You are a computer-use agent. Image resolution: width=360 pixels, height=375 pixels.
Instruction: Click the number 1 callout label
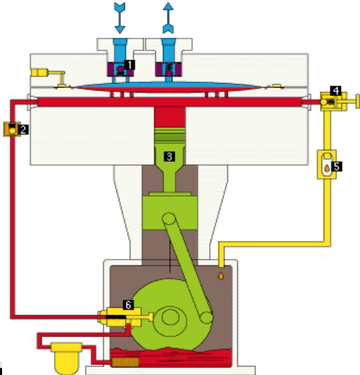coord(129,65)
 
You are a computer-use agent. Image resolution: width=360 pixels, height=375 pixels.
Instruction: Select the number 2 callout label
coord(23,130)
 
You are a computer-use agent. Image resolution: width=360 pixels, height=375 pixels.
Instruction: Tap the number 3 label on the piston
coord(170,157)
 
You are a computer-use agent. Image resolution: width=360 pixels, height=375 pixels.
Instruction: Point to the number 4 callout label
coord(336,91)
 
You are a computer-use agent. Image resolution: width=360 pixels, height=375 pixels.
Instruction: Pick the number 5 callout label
coord(337,166)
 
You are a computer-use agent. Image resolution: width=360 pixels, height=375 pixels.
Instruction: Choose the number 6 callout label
coord(128,305)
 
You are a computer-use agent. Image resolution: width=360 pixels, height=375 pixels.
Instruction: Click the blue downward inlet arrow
coord(120,18)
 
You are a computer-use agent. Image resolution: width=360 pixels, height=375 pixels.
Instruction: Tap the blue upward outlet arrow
coord(168,18)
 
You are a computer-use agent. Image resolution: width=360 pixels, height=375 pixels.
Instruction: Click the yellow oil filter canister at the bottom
coord(66,358)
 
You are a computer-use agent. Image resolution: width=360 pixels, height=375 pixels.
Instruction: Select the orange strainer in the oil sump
coord(125,362)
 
